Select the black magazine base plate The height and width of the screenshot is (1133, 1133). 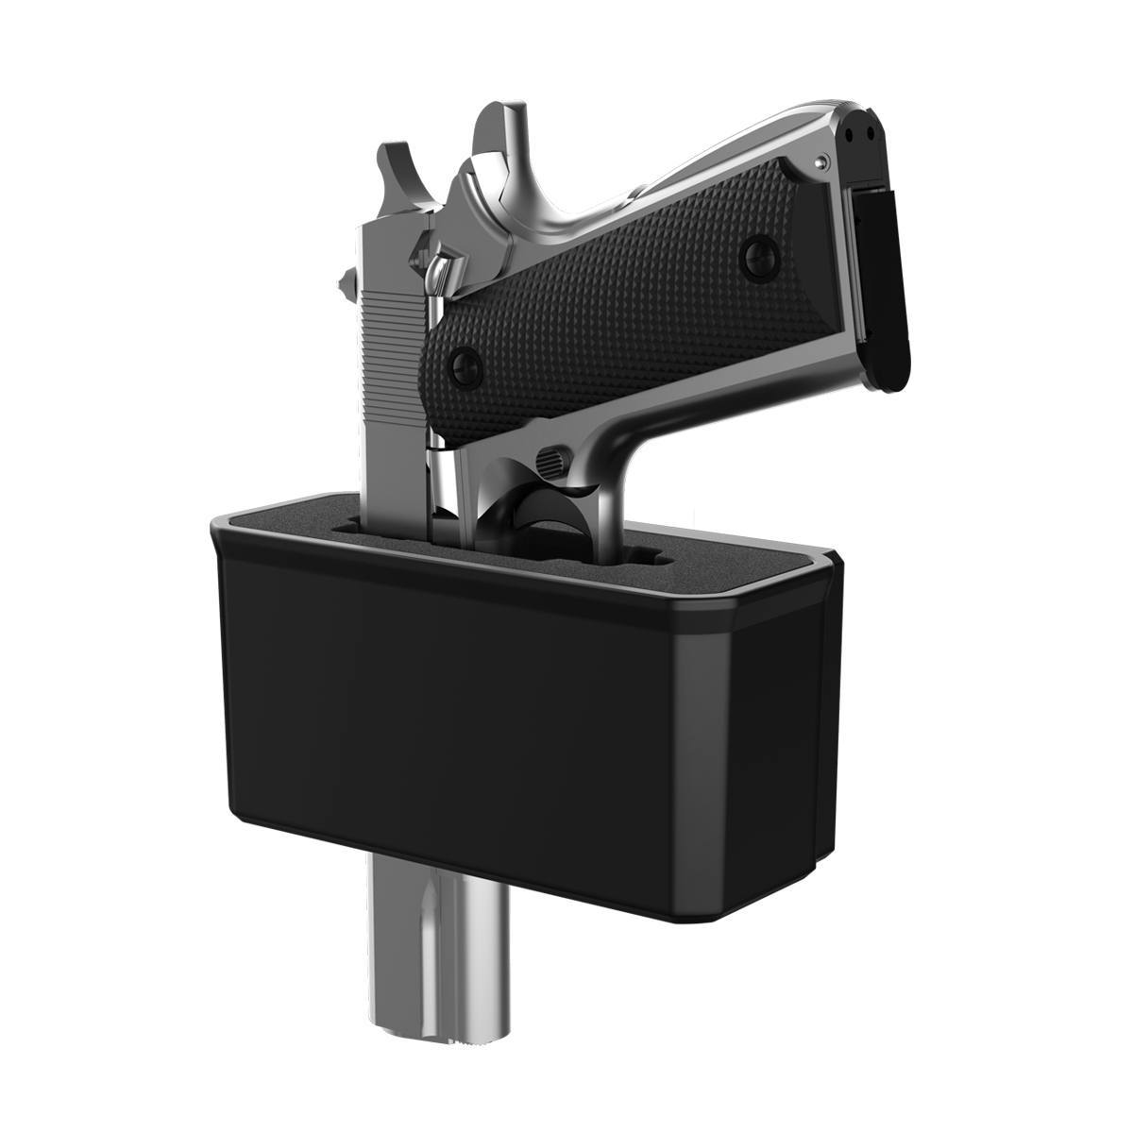tap(884, 283)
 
